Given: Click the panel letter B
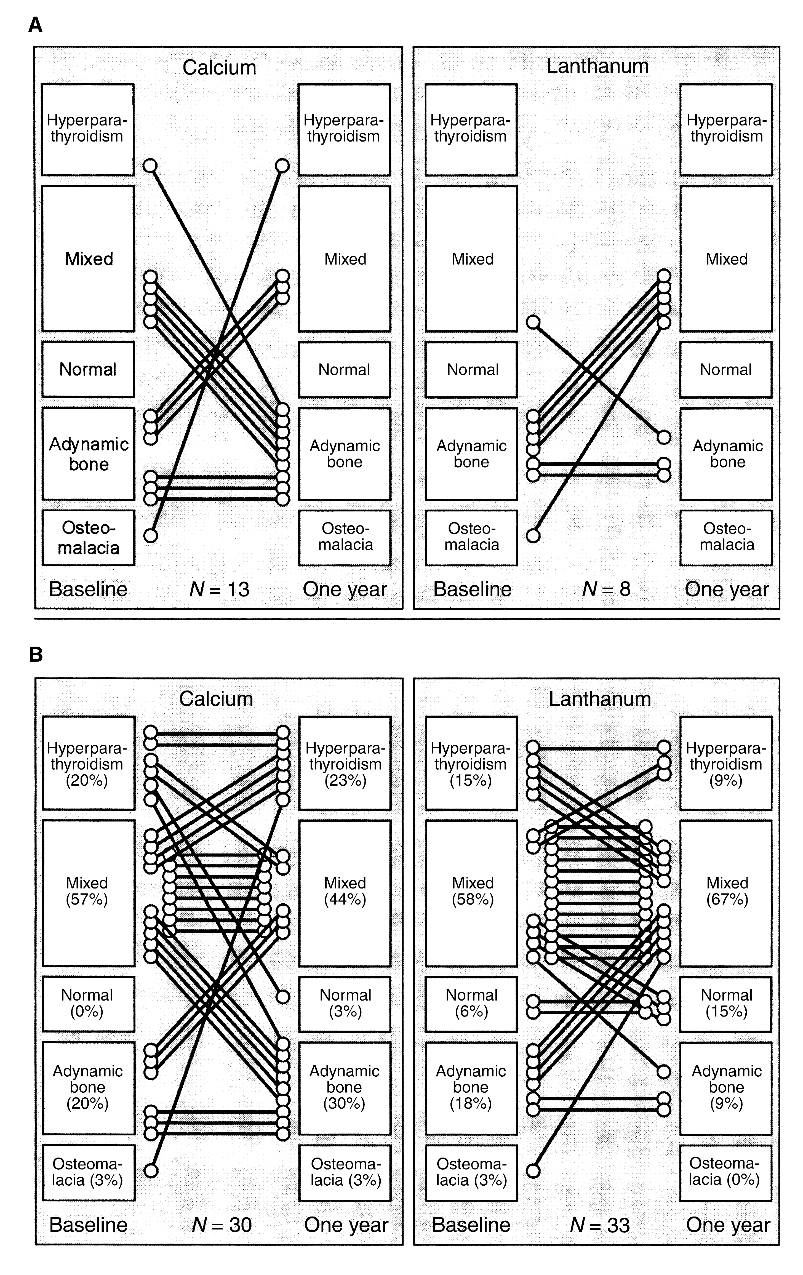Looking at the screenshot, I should pos(36,655).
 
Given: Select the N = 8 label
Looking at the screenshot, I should pos(606,589).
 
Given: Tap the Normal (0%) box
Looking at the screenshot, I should pos(88,1003).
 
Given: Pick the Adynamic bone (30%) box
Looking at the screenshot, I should pos(345,1088).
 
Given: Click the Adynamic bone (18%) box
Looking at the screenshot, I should pos(471,1088).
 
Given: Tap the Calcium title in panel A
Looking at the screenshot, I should pos(219,67).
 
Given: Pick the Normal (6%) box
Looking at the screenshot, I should pos(471,1003).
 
